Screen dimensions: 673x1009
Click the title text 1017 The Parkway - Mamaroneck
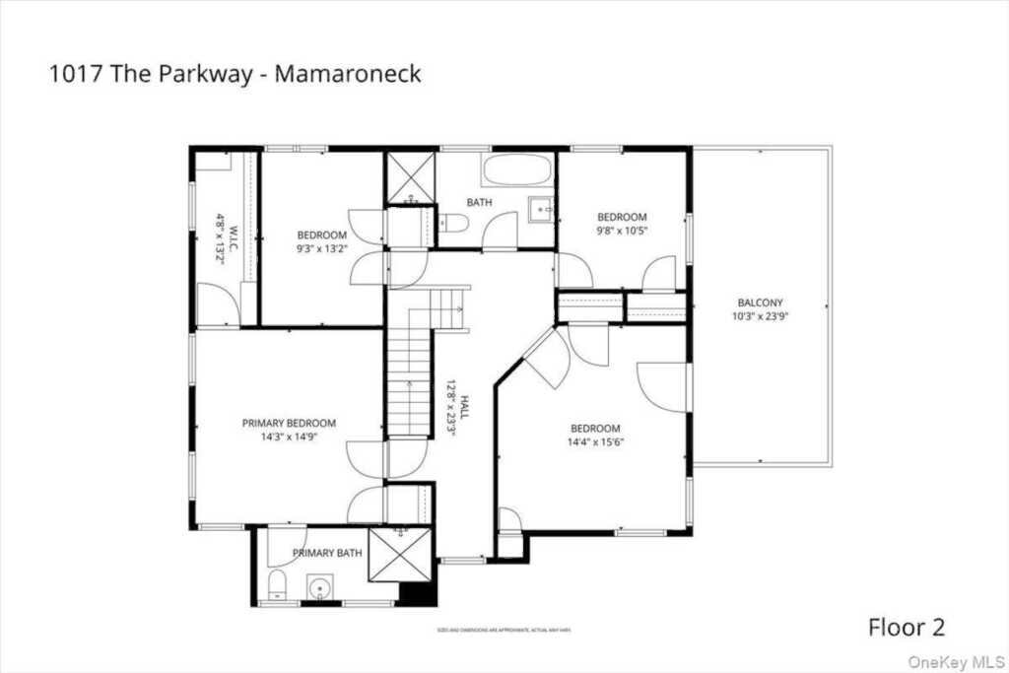point(235,74)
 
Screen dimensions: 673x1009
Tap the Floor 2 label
point(907,627)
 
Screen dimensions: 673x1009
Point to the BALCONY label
point(760,303)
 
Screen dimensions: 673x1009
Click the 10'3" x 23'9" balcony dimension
point(760,316)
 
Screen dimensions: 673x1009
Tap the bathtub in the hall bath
point(517,169)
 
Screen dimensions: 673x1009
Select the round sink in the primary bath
point(319,588)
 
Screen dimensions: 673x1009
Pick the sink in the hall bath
point(541,209)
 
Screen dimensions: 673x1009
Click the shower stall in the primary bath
point(400,557)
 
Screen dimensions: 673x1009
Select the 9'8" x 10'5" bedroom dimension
point(622,231)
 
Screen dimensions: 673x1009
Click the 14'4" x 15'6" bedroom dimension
point(596,441)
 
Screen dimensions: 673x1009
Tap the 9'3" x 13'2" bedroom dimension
point(322,248)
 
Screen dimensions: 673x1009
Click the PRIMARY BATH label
point(327,553)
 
